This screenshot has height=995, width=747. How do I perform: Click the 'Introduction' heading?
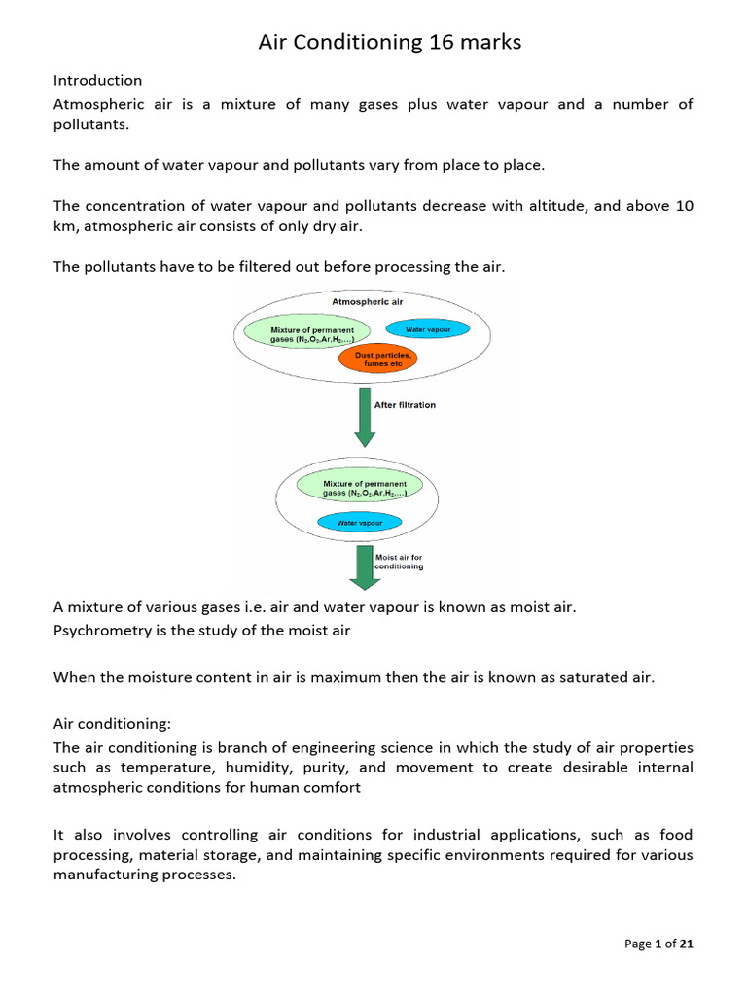coord(97,80)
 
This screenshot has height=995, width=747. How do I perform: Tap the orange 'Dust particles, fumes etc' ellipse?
coord(375,360)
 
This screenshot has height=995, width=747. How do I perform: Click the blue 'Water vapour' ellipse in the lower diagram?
coord(360,523)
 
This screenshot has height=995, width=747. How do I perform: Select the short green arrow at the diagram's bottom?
coord(364,568)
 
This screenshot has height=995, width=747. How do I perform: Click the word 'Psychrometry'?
coord(98,630)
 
